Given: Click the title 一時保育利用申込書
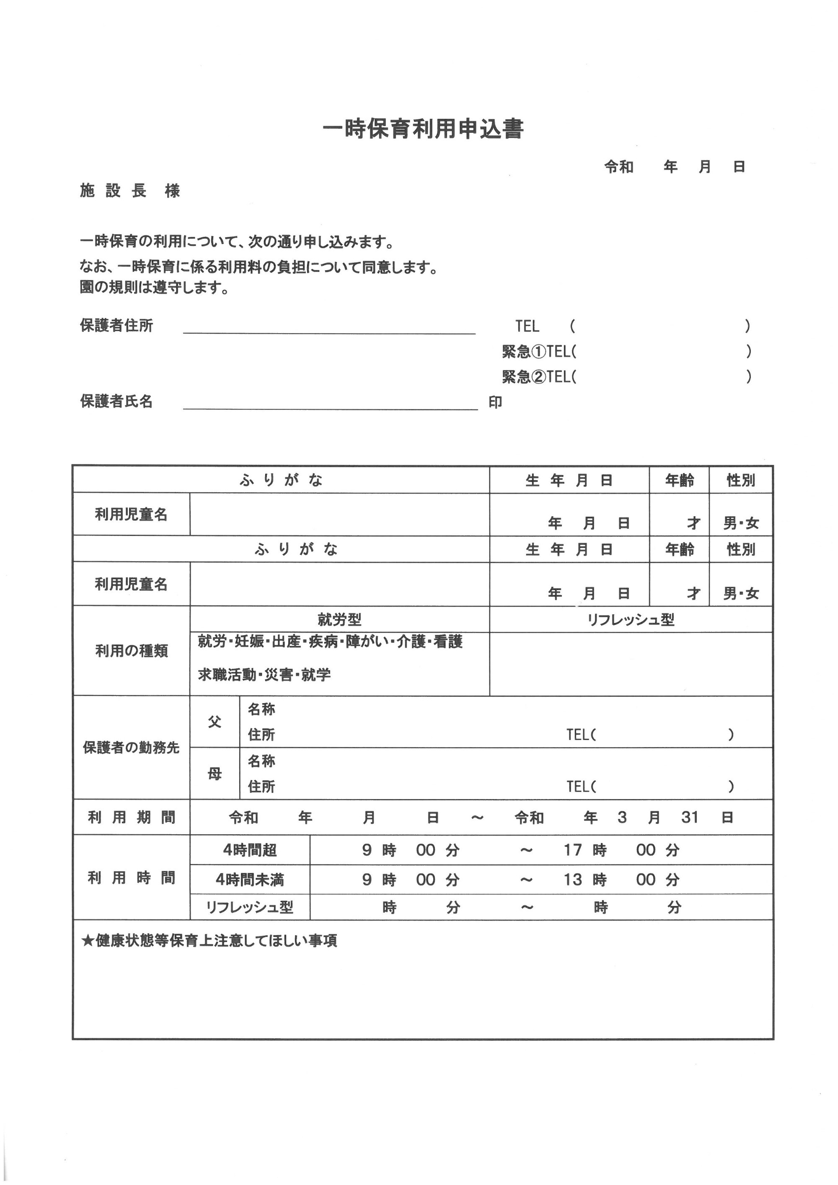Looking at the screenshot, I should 423,129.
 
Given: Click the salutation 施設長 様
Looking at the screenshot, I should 129,191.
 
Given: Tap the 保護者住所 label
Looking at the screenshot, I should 116,326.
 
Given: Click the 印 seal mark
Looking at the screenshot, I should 495,403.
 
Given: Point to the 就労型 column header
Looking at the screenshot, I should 339,619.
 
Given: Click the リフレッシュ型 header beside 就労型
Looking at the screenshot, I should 631,619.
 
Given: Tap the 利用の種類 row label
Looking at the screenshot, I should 131,651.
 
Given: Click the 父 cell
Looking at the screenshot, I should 215,722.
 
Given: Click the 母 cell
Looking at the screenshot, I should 215,774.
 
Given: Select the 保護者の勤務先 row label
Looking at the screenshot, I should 131,748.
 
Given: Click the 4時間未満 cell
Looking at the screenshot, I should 250,880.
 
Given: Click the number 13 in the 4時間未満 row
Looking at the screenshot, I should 573,880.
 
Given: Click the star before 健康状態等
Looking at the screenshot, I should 87,941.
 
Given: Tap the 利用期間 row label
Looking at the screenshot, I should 131,817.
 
